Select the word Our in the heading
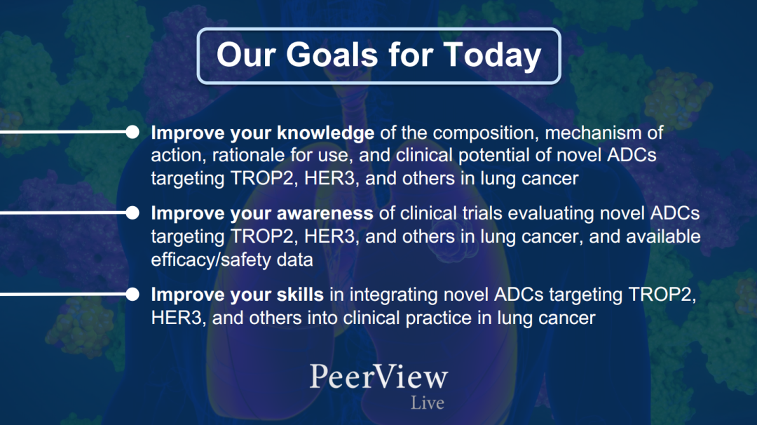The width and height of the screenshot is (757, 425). tap(245, 54)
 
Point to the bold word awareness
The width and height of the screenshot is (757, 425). tap(325, 213)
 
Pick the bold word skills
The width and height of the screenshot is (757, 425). tap(300, 294)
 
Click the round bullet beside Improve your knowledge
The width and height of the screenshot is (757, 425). tap(132, 132)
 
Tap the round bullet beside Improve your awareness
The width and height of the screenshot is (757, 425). tap(132, 213)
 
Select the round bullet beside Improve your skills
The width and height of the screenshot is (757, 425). tap(132, 294)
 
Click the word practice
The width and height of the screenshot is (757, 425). tap(439, 318)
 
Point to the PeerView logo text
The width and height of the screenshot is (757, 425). tap(378, 377)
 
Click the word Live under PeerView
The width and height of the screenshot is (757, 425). tap(428, 403)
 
